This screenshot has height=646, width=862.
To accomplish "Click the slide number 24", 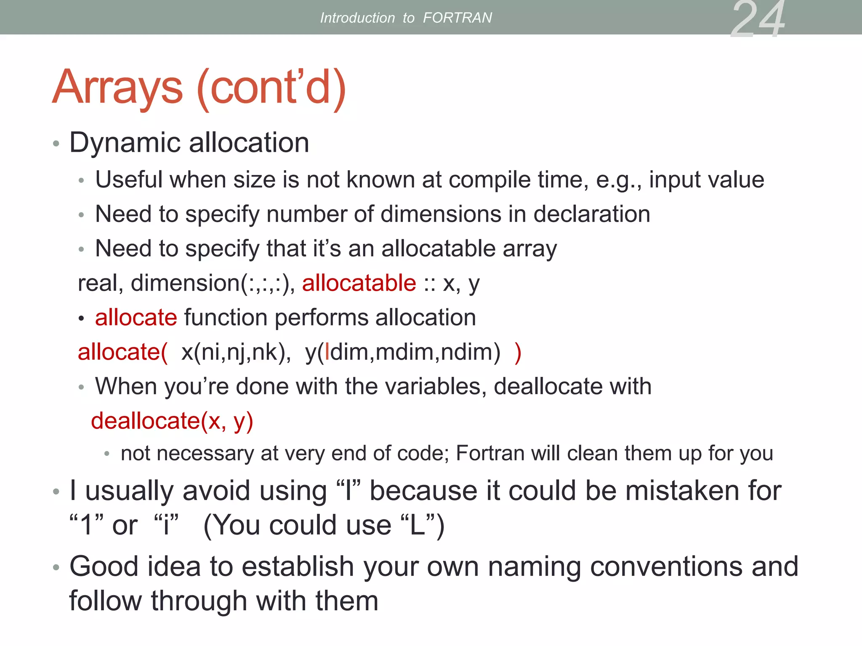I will point(758,19).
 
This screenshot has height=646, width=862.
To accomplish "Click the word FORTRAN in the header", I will point(457,18).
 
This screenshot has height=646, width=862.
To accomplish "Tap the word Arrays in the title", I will point(118,87).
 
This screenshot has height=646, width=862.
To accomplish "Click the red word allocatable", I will point(359,283).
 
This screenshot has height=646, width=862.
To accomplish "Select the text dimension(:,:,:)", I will point(213,283).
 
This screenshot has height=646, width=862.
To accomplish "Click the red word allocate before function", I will point(136,317).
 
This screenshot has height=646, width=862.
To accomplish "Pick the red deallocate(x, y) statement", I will point(172,421).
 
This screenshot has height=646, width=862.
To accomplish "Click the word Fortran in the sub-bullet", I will point(489,453).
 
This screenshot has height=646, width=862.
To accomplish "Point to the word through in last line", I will point(199,601).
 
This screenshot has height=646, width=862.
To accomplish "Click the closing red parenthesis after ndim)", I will point(518,352).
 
